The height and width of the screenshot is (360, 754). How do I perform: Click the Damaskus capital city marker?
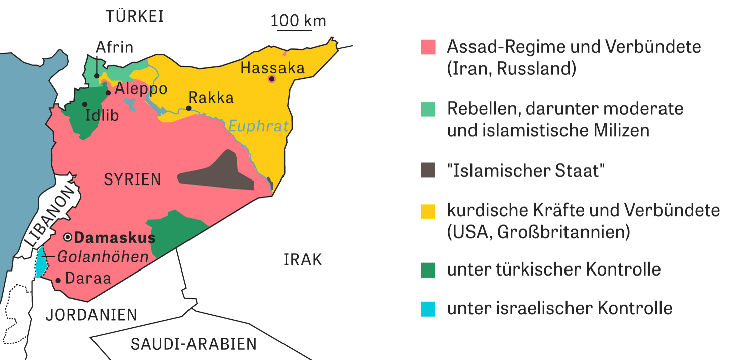tap(68, 237)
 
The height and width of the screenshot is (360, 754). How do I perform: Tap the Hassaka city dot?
tap(272, 79)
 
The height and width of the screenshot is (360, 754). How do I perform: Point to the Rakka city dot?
tap(189, 108)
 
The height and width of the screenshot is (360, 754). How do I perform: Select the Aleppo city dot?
tap(108, 92)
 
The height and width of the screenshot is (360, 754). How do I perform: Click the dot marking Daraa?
tap(58, 280)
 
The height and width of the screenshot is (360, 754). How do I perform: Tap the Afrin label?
tap(114, 47)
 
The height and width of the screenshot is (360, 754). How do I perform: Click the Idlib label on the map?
tap(102, 115)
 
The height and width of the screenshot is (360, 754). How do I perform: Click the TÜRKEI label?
tap(135, 17)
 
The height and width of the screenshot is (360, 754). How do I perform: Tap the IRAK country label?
tap(303, 260)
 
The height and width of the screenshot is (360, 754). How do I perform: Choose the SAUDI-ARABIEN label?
tap(194, 344)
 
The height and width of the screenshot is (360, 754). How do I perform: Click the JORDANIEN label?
tap(91, 315)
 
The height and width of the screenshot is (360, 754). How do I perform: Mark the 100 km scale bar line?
tap(295, 30)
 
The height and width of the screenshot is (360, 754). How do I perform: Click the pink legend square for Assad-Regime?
tap(428, 47)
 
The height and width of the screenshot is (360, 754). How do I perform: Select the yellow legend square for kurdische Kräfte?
tap(428, 211)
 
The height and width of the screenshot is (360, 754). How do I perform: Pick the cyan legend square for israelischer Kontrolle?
tap(428, 308)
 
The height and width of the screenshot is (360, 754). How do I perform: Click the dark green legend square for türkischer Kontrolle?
tap(428, 269)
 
